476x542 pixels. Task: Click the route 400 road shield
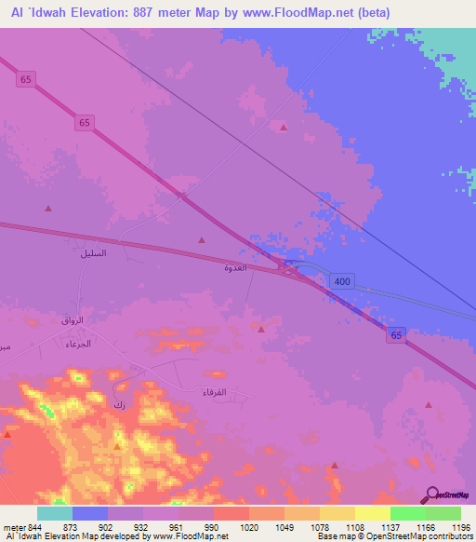(x=342, y=280)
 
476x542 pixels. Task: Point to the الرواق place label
(x=73, y=319)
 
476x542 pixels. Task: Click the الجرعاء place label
(x=77, y=344)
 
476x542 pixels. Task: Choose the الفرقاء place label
(x=215, y=392)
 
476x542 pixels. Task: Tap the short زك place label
(x=118, y=404)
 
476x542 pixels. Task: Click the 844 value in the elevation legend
(x=33, y=527)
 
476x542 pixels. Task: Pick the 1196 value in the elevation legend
(x=448, y=527)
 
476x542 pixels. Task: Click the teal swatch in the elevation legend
(x=55, y=513)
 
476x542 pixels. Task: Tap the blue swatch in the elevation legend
(x=90, y=513)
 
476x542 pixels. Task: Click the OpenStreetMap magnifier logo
(x=431, y=495)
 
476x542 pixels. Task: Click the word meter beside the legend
(x=14, y=527)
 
